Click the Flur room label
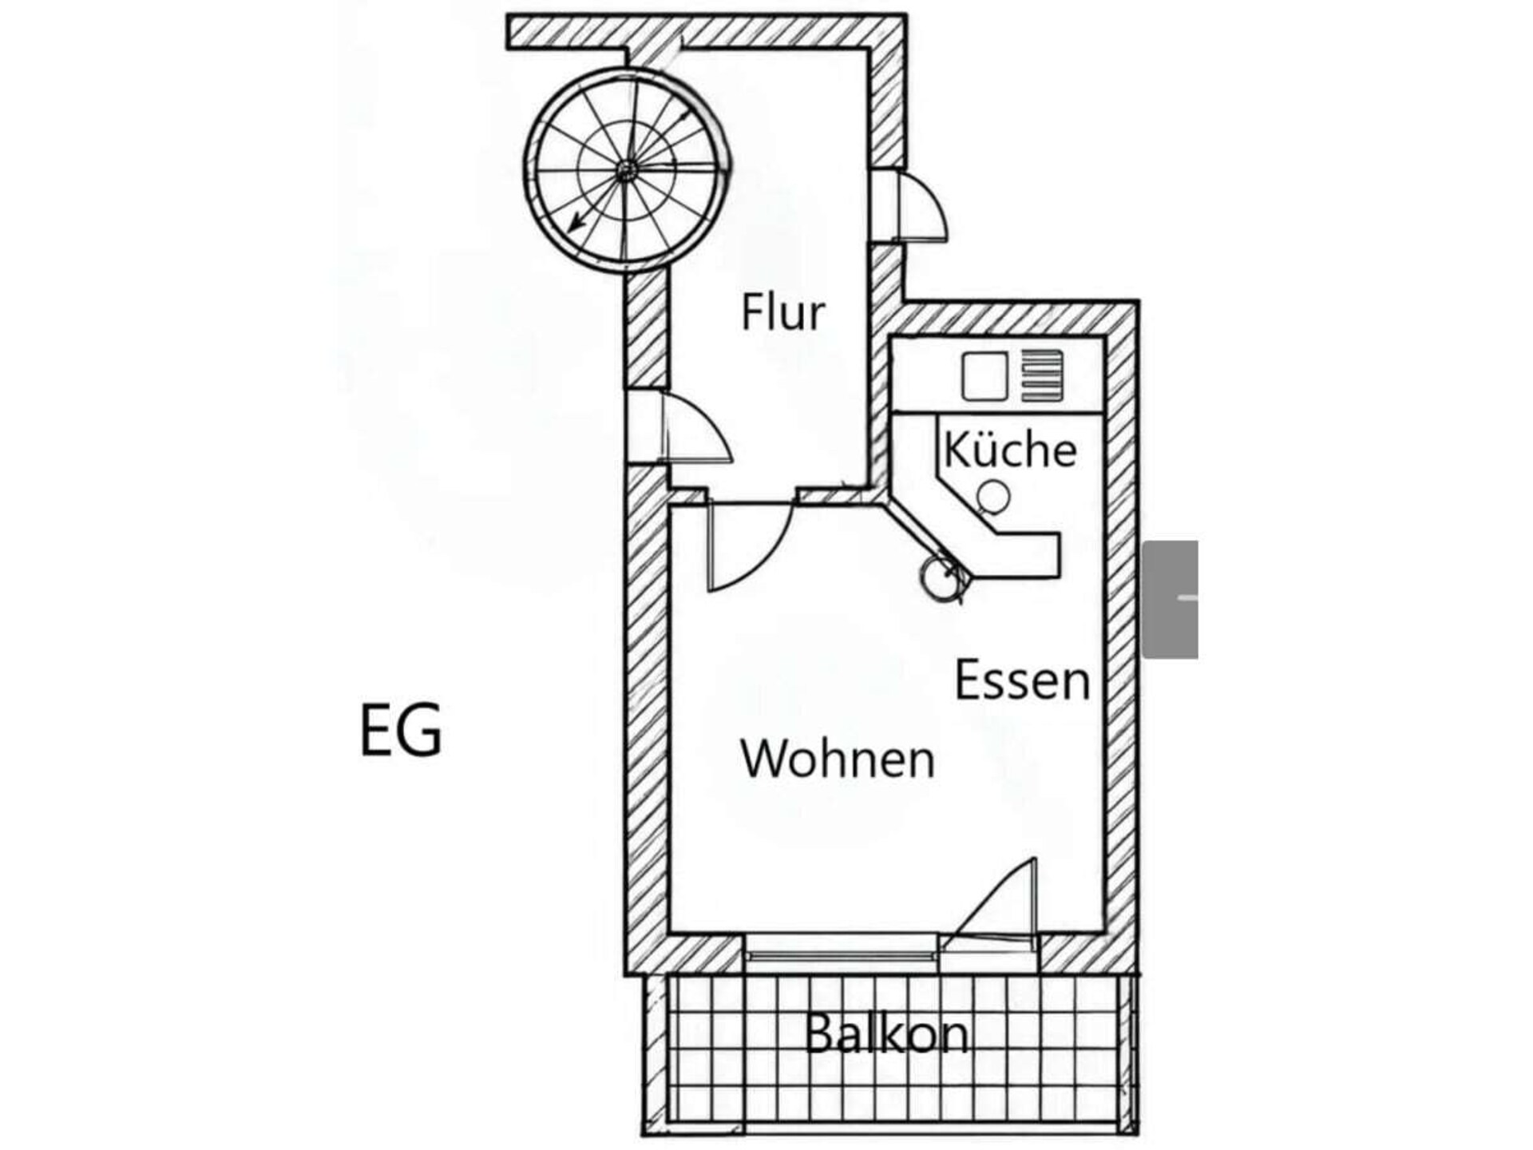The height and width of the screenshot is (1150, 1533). pos(782,312)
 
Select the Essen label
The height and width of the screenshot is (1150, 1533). pos(1023,680)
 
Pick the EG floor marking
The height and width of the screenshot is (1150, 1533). pos(401,730)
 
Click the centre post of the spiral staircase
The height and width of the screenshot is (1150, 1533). pos(627,169)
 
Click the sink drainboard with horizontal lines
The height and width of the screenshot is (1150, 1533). pos(1043,375)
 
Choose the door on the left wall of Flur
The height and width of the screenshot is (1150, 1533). pos(696,426)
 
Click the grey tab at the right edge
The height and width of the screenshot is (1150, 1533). pos(1171,599)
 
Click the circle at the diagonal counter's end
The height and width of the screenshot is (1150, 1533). pos(935,577)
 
